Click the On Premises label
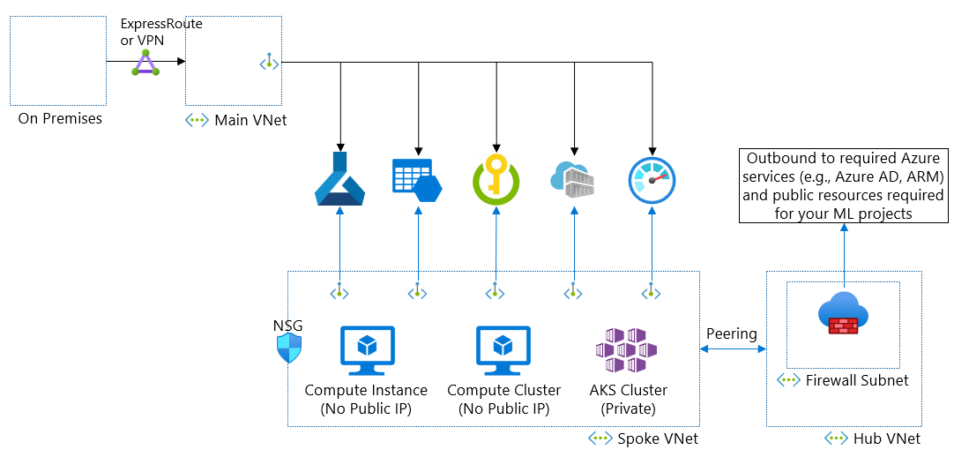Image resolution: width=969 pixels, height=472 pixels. (60, 118)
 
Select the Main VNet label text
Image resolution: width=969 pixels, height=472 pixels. (250, 120)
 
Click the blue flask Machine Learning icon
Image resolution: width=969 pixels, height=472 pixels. (340, 180)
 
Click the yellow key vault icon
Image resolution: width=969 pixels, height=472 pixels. (496, 180)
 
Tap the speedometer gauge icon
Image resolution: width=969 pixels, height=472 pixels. (652, 180)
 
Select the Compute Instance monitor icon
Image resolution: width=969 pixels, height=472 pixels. (367, 350)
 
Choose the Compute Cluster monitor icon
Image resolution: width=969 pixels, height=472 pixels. (503, 350)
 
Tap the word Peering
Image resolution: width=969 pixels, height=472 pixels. (732, 333)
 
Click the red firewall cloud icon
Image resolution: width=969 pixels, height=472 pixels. (843, 315)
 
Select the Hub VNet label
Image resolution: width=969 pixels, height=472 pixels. (886, 438)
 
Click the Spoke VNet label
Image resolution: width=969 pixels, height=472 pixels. (657, 438)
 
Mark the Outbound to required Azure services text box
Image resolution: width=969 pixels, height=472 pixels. (843, 186)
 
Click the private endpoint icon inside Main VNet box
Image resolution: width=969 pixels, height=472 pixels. (268, 63)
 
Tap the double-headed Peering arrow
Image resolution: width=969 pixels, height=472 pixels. (732, 350)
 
